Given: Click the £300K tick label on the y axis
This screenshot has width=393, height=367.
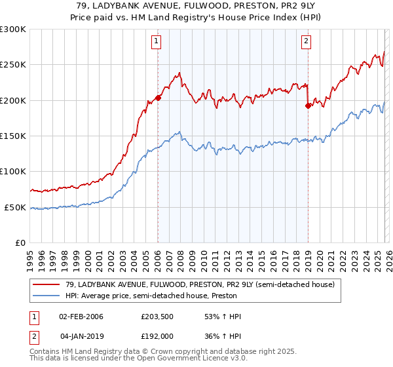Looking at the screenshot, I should coord(13,29).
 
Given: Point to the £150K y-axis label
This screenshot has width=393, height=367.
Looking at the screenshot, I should coord(13,136).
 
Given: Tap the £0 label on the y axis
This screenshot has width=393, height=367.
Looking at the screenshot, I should coord(20,243).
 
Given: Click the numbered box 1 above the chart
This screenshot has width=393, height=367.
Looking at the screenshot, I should coord(157,42).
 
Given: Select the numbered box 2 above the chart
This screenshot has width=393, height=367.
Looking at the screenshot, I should coord(306,42).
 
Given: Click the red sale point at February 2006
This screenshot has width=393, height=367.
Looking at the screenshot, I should coord(158,98).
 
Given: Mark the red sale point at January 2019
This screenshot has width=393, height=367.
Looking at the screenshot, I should coord(307,106).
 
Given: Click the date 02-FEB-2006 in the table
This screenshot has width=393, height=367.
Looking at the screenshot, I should coord(81,317).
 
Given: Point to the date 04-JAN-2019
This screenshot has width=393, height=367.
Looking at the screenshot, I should coord(81,336).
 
